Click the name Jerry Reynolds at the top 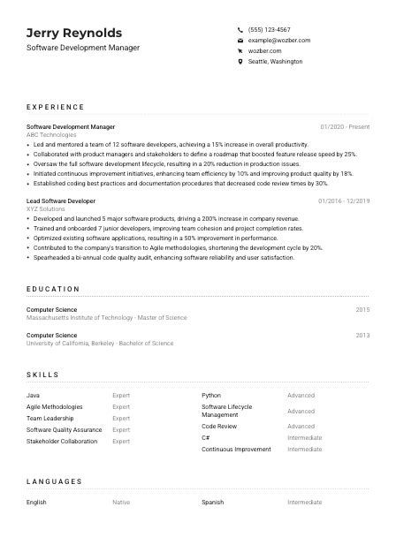coord(74,33)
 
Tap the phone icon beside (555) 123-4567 coord(240,29)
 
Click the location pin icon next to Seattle coord(240,62)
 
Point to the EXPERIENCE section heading coord(56,107)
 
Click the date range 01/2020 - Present coord(345,127)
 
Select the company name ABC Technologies coord(51,135)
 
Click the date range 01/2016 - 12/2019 coord(344,201)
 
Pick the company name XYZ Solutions coord(46,209)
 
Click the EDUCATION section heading coord(53,289)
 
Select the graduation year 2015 coord(362,310)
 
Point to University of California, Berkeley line coord(100,344)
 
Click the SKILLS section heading coord(42,375)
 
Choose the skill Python coord(211,396)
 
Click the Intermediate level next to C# coord(305,438)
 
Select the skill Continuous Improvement coord(236,450)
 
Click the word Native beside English coord(121,503)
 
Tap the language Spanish coord(213,503)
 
